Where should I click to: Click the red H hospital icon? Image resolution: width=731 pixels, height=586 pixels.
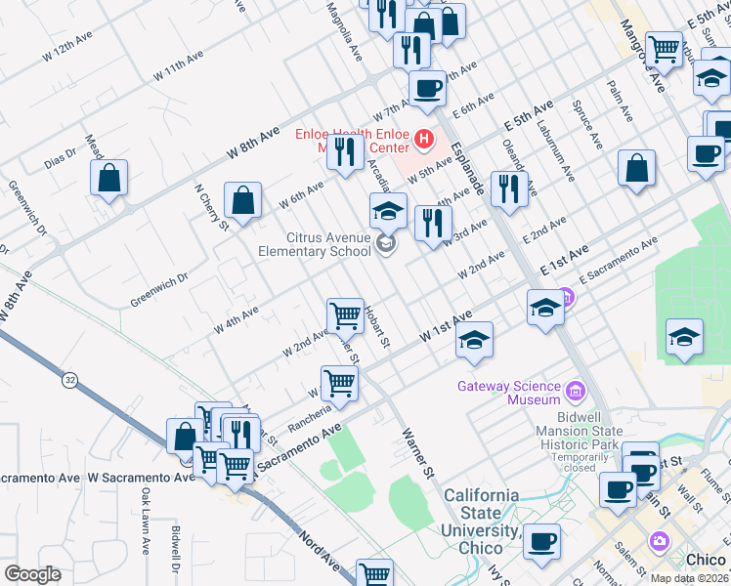click(x=423, y=140)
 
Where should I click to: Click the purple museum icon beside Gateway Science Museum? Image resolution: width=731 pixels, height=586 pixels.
click(x=576, y=393)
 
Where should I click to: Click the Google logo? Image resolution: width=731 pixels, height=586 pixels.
click(x=32, y=574)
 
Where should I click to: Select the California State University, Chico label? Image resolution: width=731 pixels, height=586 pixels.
click(x=480, y=513)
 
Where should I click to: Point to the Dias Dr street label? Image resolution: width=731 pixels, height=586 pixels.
click(x=60, y=156)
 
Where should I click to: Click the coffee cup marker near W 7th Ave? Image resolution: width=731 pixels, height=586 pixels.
click(x=427, y=89)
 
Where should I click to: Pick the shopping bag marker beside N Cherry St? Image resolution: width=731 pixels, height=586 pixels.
click(x=241, y=200)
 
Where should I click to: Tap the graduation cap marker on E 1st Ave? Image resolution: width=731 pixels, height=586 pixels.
click(x=545, y=309)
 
